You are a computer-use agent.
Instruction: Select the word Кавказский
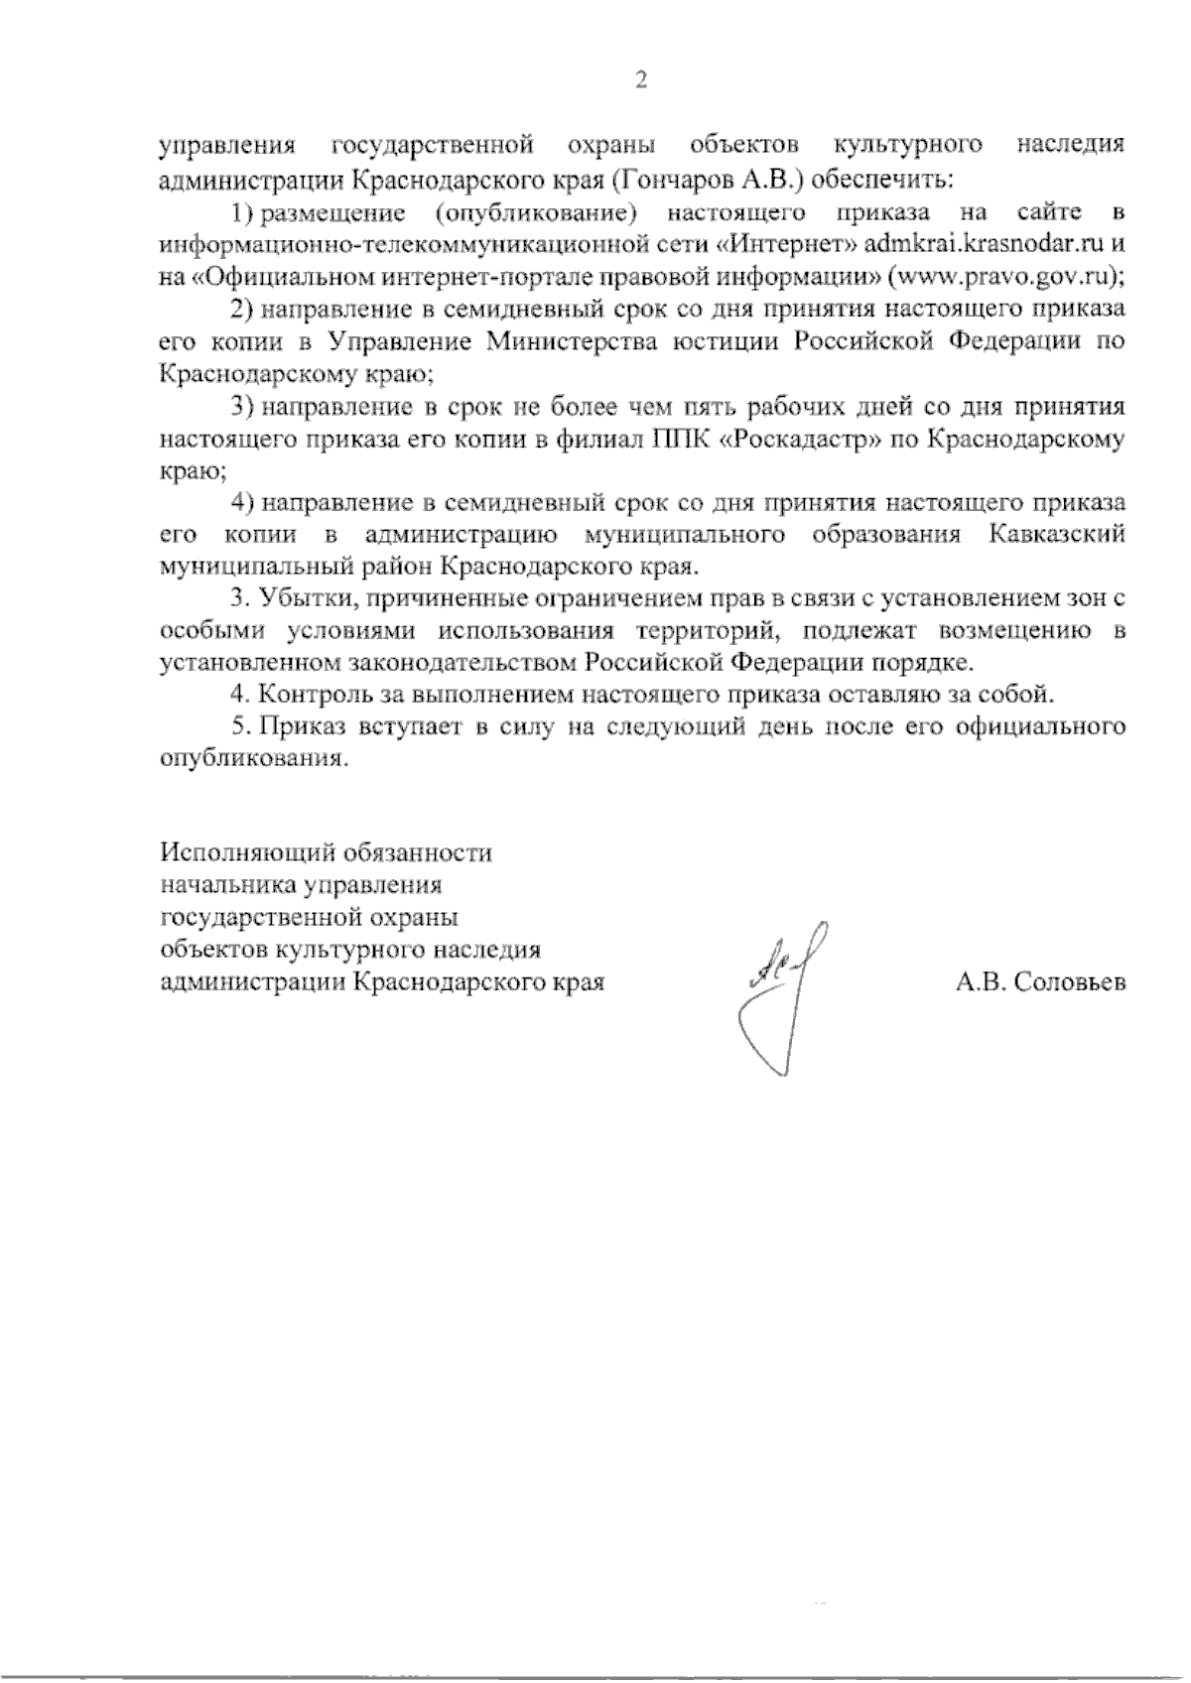pyautogui.click(x=1057, y=535)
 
